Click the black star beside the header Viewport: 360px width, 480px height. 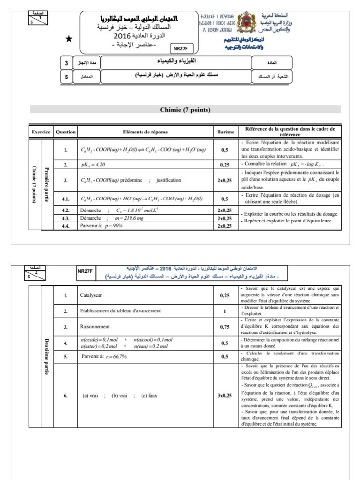click(x=69, y=39)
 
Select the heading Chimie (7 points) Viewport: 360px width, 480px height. click(x=185, y=110)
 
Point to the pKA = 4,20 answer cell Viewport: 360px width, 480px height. click(x=94, y=165)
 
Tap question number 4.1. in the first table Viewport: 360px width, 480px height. click(x=66, y=198)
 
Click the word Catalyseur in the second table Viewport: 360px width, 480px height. click(x=92, y=295)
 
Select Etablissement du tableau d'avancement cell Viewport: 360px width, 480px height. click(x=121, y=311)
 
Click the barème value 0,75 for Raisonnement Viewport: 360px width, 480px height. click(x=225, y=327)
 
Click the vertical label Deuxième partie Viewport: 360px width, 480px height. click(x=46, y=354)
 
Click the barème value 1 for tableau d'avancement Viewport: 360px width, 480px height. click(x=225, y=311)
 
